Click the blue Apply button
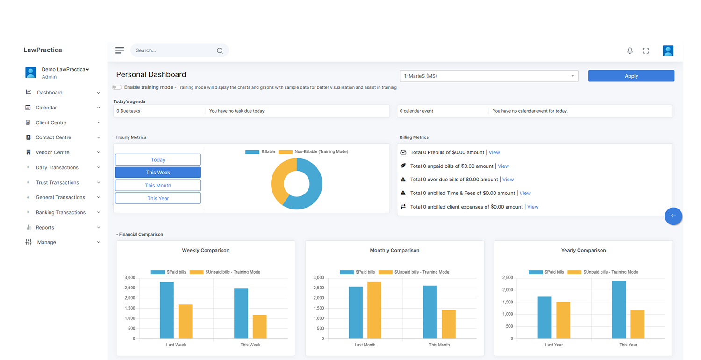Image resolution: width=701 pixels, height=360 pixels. coord(631,76)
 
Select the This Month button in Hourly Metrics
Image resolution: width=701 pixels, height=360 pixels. coord(158,185)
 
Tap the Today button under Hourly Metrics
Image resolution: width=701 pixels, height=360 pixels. coord(158,159)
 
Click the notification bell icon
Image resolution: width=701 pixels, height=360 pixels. coord(630,50)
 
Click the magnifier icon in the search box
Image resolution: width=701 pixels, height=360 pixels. coord(220,50)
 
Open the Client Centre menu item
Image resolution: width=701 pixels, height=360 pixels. coord(51,122)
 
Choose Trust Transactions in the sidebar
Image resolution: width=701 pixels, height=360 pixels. coord(57,182)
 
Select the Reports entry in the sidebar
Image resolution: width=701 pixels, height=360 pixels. coord(45,227)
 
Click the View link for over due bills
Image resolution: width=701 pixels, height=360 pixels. coord(508,180)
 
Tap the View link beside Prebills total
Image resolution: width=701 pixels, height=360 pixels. coord(494,152)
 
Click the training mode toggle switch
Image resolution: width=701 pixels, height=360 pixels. coord(117,87)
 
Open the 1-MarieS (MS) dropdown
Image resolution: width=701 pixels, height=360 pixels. coord(489,76)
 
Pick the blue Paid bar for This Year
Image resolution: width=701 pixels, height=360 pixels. coord(619,310)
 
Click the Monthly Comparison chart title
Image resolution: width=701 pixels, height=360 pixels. coord(394,250)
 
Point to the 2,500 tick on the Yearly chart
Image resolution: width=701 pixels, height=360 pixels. coord(507,278)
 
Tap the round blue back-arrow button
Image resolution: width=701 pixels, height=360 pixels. coord(673,216)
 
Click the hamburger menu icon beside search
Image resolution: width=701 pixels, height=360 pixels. coord(120,50)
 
